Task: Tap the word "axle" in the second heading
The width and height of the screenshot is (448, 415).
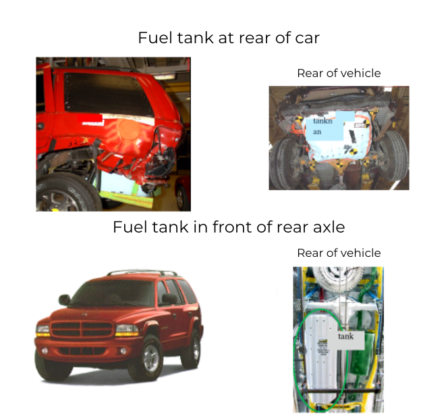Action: coord(329,227)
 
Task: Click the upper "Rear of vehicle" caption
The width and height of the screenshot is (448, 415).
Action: coord(339,73)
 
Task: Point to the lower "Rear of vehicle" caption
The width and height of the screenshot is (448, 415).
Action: coord(339,253)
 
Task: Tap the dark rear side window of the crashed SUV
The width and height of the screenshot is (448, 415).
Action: coord(107,93)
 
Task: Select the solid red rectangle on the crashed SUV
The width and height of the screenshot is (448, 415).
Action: coord(90,118)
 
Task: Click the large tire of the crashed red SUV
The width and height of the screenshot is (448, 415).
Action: coord(68,193)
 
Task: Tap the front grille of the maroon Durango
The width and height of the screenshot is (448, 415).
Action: coord(82,329)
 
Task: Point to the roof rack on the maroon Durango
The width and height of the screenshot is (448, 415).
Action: coord(142,272)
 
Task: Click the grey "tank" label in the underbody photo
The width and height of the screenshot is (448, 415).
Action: coord(345,340)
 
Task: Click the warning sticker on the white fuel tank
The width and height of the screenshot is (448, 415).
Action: coord(323,347)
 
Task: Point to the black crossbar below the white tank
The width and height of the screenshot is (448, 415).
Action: coord(341,391)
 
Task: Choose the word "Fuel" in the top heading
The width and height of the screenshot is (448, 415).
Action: coord(155,38)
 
